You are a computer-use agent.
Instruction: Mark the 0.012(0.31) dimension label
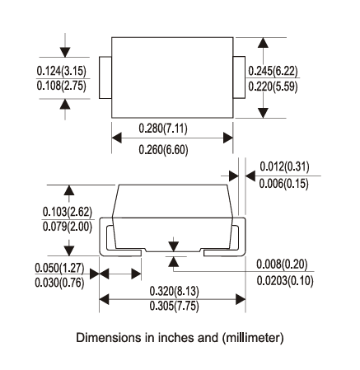tap(285, 168)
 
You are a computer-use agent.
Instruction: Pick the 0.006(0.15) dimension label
tap(285, 183)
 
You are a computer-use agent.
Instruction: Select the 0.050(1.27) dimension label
tap(60, 269)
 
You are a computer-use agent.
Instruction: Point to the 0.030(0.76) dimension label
tap(60, 283)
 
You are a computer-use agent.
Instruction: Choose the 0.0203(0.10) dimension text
tap(283, 279)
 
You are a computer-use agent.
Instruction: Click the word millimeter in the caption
tap(257, 338)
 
